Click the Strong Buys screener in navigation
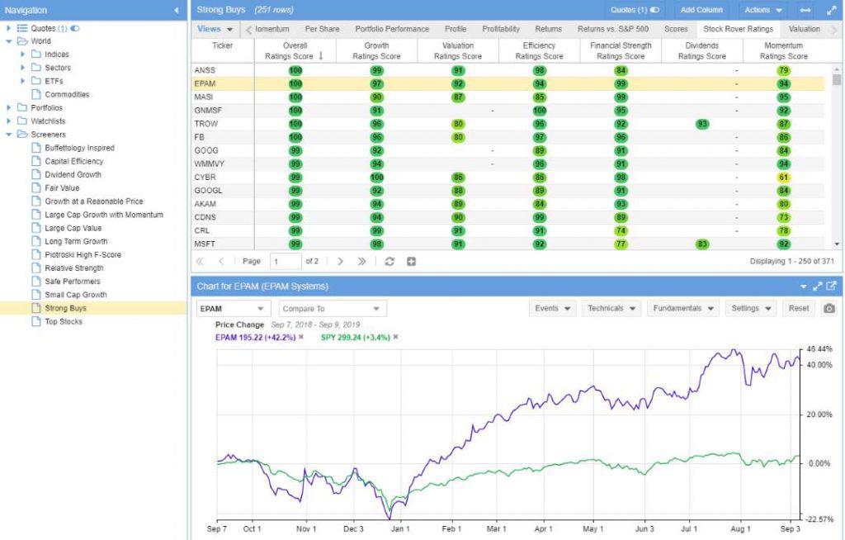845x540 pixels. pos(65,308)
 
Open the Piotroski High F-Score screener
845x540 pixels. pos(83,254)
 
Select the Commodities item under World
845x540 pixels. pos(67,94)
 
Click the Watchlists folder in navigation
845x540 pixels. pos(48,121)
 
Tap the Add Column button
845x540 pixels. pos(701,10)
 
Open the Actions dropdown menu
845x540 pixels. pos(763,10)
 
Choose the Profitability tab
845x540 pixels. pos(501,29)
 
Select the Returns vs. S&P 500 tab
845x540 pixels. pos(613,29)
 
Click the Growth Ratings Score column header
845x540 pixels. pos(376,50)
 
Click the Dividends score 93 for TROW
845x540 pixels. pos(702,124)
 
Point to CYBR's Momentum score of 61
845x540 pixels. pos(784,177)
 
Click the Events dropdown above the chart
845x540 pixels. pos(553,309)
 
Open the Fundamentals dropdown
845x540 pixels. pos(682,309)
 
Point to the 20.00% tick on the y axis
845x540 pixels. pos(819,414)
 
